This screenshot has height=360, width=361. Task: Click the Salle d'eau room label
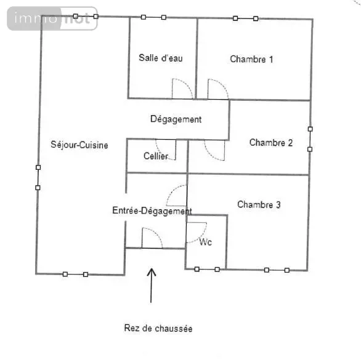[x=161, y=58]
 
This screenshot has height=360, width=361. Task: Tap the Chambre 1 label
[x=251, y=59]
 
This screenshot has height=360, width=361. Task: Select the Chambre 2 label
[x=271, y=143]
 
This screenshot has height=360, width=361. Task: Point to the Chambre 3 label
[x=259, y=204]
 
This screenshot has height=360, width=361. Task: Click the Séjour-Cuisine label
[x=79, y=145]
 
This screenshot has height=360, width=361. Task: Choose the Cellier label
[x=156, y=156]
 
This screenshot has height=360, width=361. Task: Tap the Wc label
[x=205, y=242]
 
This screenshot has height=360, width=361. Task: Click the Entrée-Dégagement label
[x=152, y=210]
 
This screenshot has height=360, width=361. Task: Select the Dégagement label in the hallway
[x=176, y=119]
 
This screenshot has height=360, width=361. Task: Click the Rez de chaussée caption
[x=158, y=328]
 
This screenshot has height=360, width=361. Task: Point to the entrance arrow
[x=152, y=286]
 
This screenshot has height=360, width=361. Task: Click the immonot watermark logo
[x=52, y=18]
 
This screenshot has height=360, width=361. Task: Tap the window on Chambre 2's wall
[x=310, y=139]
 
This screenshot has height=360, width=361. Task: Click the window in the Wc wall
[x=207, y=269]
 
